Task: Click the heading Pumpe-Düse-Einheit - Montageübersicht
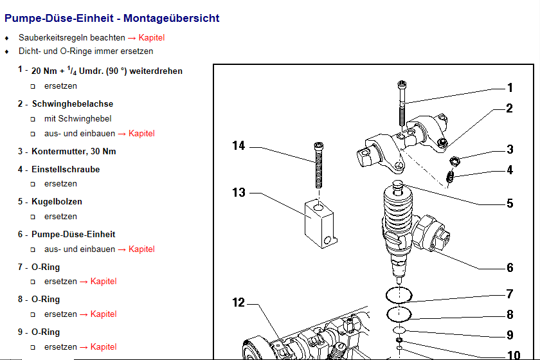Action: pyautogui.click(x=112, y=19)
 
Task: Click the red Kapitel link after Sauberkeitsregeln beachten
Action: pyautogui.click(x=152, y=38)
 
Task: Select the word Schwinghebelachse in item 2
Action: pyautogui.click(x=72, y=104)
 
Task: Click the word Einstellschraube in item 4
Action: pyautogui.click(x=66, y=170)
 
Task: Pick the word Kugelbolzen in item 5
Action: pyautogui.click(x=57, y=202)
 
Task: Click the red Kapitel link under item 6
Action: pyautogui.click(x=141, y=249)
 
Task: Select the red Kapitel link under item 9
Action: pyautogui.click(x=104, y=347)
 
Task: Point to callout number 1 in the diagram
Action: pyautogui.click(x=510, y=88)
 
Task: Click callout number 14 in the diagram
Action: pyautogui.click(x=239, y=146)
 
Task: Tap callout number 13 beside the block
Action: pyautogui.click(x=239, y=192)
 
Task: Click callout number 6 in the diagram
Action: pyautogui.click(x=510, y=268)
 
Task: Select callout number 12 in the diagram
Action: pyautogui.click(x=239, y=302)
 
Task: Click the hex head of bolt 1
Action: pyautogui.click(x=402, y=84)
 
